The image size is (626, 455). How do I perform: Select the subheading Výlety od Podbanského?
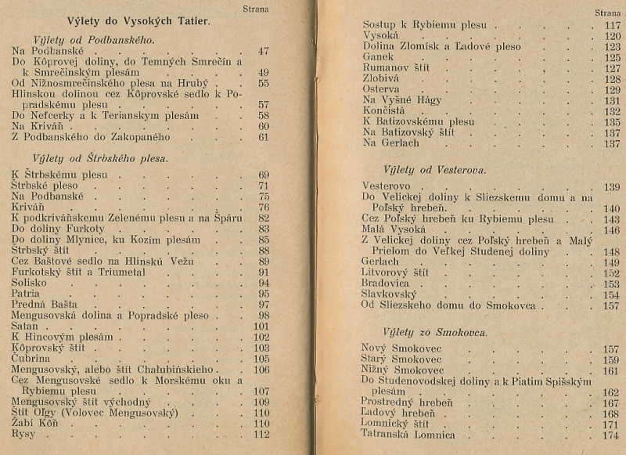(x=94, y=39)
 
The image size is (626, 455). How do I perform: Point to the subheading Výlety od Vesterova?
(x=435, y=169)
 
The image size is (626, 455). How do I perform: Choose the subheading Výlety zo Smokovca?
(x=435, y=332)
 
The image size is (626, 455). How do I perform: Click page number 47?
(x=263, y=51)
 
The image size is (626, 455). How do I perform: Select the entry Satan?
(x=25, y=327)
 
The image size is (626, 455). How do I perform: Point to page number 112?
(x=261, y=435)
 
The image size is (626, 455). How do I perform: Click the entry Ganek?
(x=379, y=57)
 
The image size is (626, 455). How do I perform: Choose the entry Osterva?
(x=382, y=90)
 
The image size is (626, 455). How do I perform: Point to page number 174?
(x=610, y=435)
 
